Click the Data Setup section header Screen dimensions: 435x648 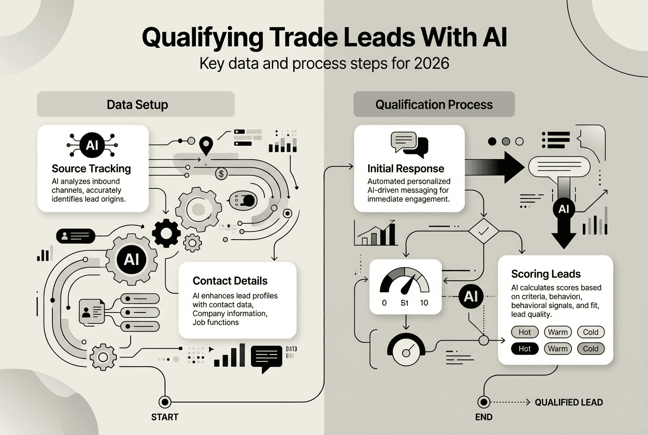(137, 105)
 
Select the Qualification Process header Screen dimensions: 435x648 (434, 105)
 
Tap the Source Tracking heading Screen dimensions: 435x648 (91, 168)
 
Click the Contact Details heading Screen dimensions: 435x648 (230, 281)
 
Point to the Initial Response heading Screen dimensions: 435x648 (406, 168)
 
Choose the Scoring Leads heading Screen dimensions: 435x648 (546, 274)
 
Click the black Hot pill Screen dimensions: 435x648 (525, 349)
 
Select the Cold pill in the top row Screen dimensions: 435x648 (591, 332)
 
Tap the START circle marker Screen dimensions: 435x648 (165, 401)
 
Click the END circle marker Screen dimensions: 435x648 (482, 402)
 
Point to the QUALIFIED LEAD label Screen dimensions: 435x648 (569, 402)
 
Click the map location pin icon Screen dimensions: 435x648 (206, 145)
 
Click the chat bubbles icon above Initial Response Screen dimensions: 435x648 (409, 144)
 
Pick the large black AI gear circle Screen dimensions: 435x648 (131, 259)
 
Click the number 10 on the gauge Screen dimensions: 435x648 (423, 303)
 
